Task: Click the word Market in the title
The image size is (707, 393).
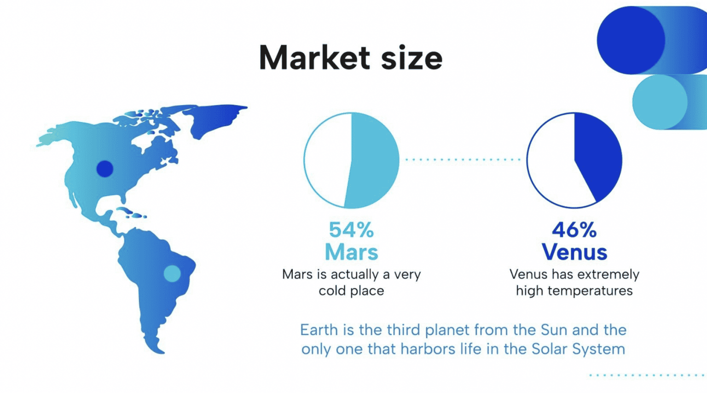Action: pos(314,58)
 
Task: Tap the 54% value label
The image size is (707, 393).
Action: pos(351,230)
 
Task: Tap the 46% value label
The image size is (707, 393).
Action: pos(574,230)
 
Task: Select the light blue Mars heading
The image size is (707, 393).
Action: pos(351,252)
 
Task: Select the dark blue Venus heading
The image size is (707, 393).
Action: pos(574,252)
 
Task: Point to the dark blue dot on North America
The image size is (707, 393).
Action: pos(105,169)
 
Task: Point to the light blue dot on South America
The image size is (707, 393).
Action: pos(172,274)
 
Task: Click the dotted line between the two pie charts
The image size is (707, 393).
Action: pos(462,159)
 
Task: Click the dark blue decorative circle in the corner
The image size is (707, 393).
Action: pos(631,40)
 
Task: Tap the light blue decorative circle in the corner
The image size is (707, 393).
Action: pos(659,102)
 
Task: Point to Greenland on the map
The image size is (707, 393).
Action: pos(216,117)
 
